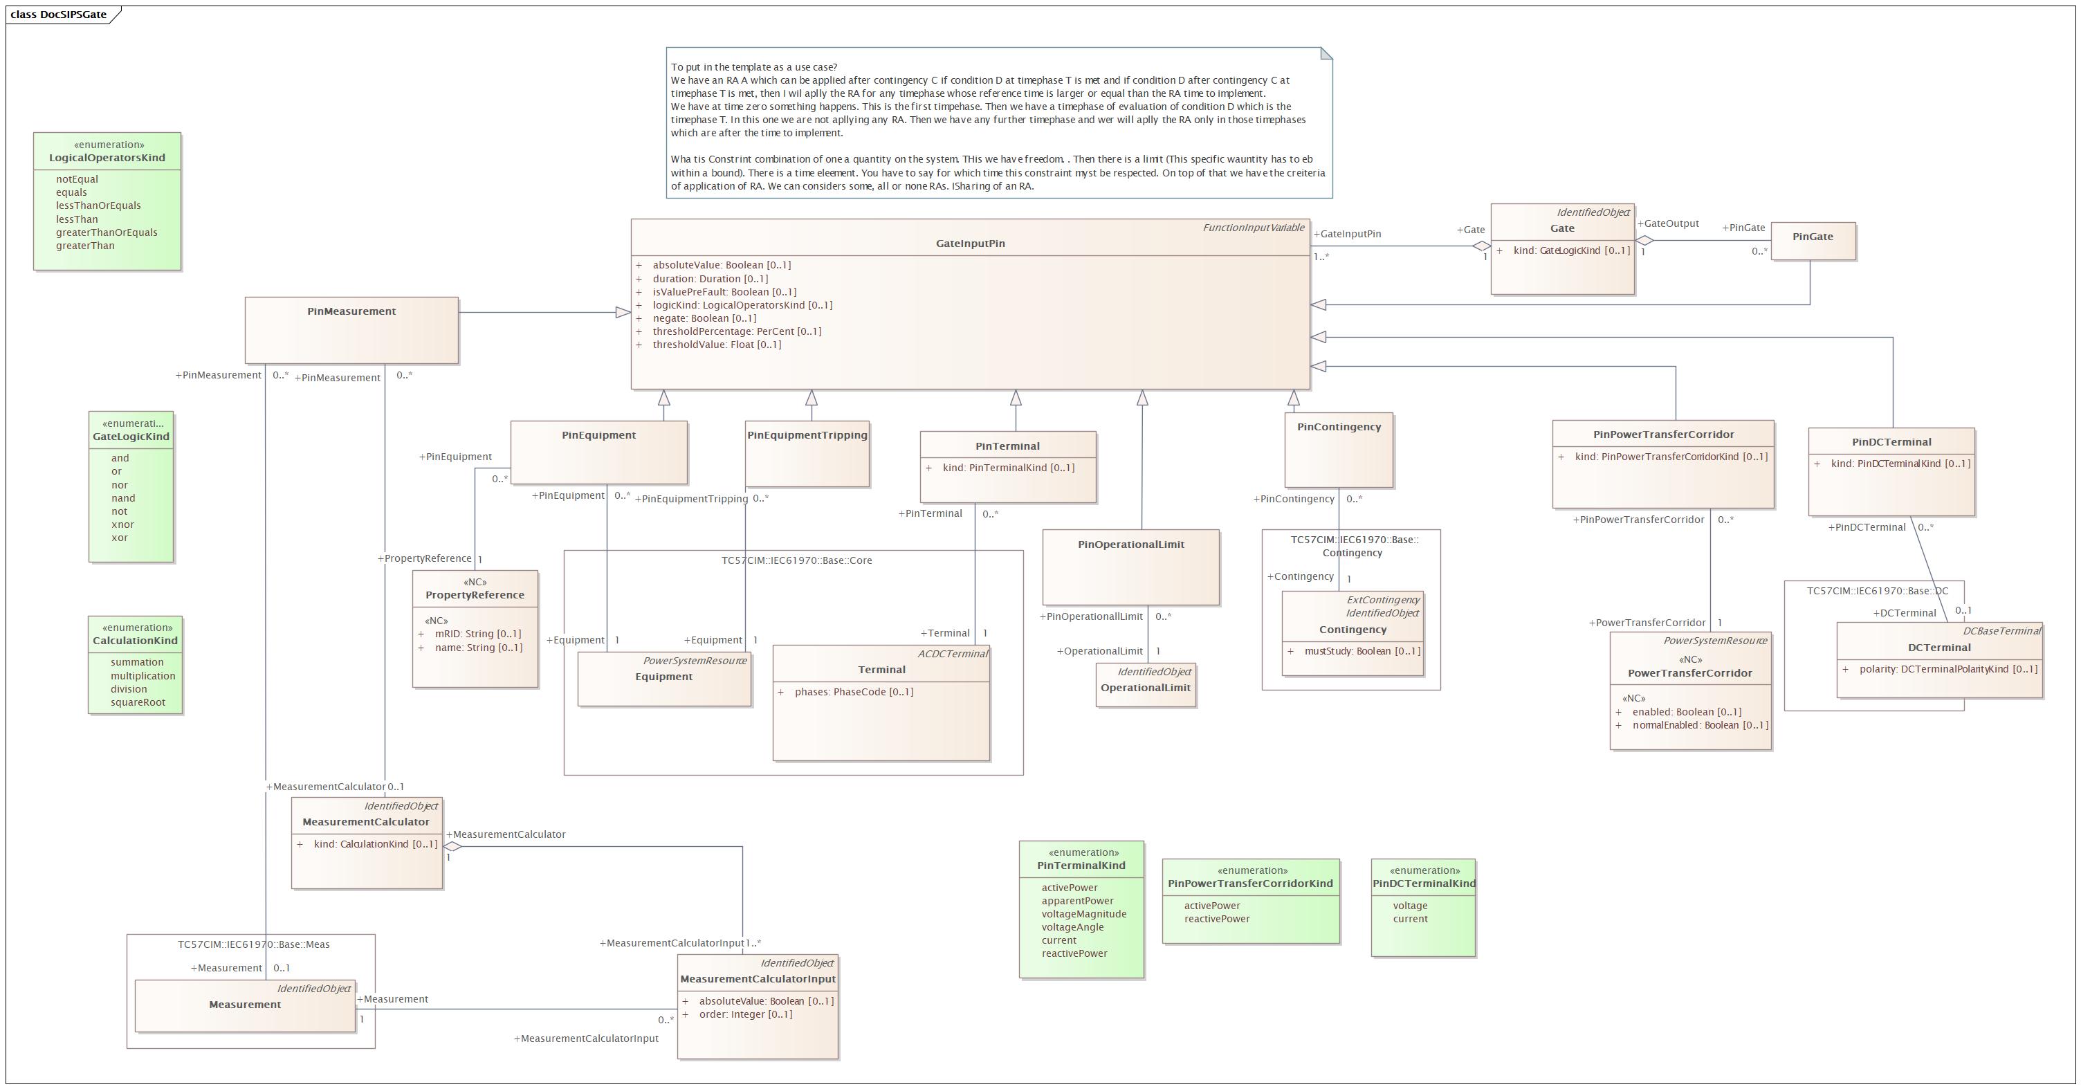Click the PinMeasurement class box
point(351,329)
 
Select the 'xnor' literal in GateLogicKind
point(122,524)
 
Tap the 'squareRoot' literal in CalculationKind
point(138,702)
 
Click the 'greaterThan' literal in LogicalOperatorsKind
point(85,246)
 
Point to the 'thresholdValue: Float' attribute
point(717,344)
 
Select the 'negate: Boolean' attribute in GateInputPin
point(704,318)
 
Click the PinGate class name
point(1813,237)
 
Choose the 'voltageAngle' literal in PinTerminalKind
point(1073,926)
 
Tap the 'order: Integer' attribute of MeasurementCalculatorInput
point(746,1014)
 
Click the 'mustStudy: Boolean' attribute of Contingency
point(1362,651)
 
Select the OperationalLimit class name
point(1146,688)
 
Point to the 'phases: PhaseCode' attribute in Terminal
point(854,692)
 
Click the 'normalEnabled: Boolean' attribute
point(1700,724)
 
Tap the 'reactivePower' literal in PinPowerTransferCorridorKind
point(1217,919)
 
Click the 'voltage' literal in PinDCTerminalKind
point(1410,906)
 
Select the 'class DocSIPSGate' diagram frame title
point(59,15)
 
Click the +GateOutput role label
point(1668,223)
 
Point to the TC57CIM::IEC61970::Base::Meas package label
point(254,944)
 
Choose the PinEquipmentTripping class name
point(807,434)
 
